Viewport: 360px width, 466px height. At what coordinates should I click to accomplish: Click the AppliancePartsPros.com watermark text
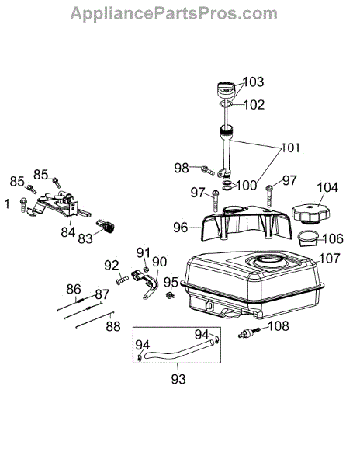(174, 14)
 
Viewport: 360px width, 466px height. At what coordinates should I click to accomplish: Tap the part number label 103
(253, 82)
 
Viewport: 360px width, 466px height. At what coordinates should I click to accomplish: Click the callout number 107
(330, 259)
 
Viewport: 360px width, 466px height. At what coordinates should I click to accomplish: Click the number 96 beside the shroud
(181, 228)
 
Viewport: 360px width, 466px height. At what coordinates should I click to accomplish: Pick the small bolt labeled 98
(208, 170)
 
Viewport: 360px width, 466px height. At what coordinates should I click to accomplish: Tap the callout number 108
(278, 326)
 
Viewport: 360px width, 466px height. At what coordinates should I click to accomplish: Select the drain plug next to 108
(249, 332)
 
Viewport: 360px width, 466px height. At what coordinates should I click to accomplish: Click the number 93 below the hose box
(178, 379)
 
